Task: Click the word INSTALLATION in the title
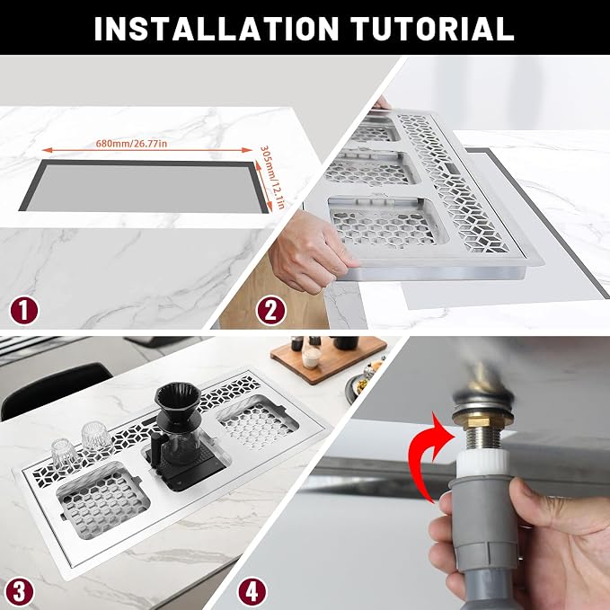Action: pos(217,29)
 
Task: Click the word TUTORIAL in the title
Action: pos(432,29)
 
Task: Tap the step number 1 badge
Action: pos(24,311)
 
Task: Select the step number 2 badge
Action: pos(270,311)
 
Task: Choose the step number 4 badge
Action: pos(252,591)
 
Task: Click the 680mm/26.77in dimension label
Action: pos(131,144)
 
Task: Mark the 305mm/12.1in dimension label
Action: pos(273,177)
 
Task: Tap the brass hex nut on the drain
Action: pos(482,420)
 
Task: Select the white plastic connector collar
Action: pos(482,462)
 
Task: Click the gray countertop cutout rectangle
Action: pos(145,188)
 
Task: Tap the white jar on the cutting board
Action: pos(311,358)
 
